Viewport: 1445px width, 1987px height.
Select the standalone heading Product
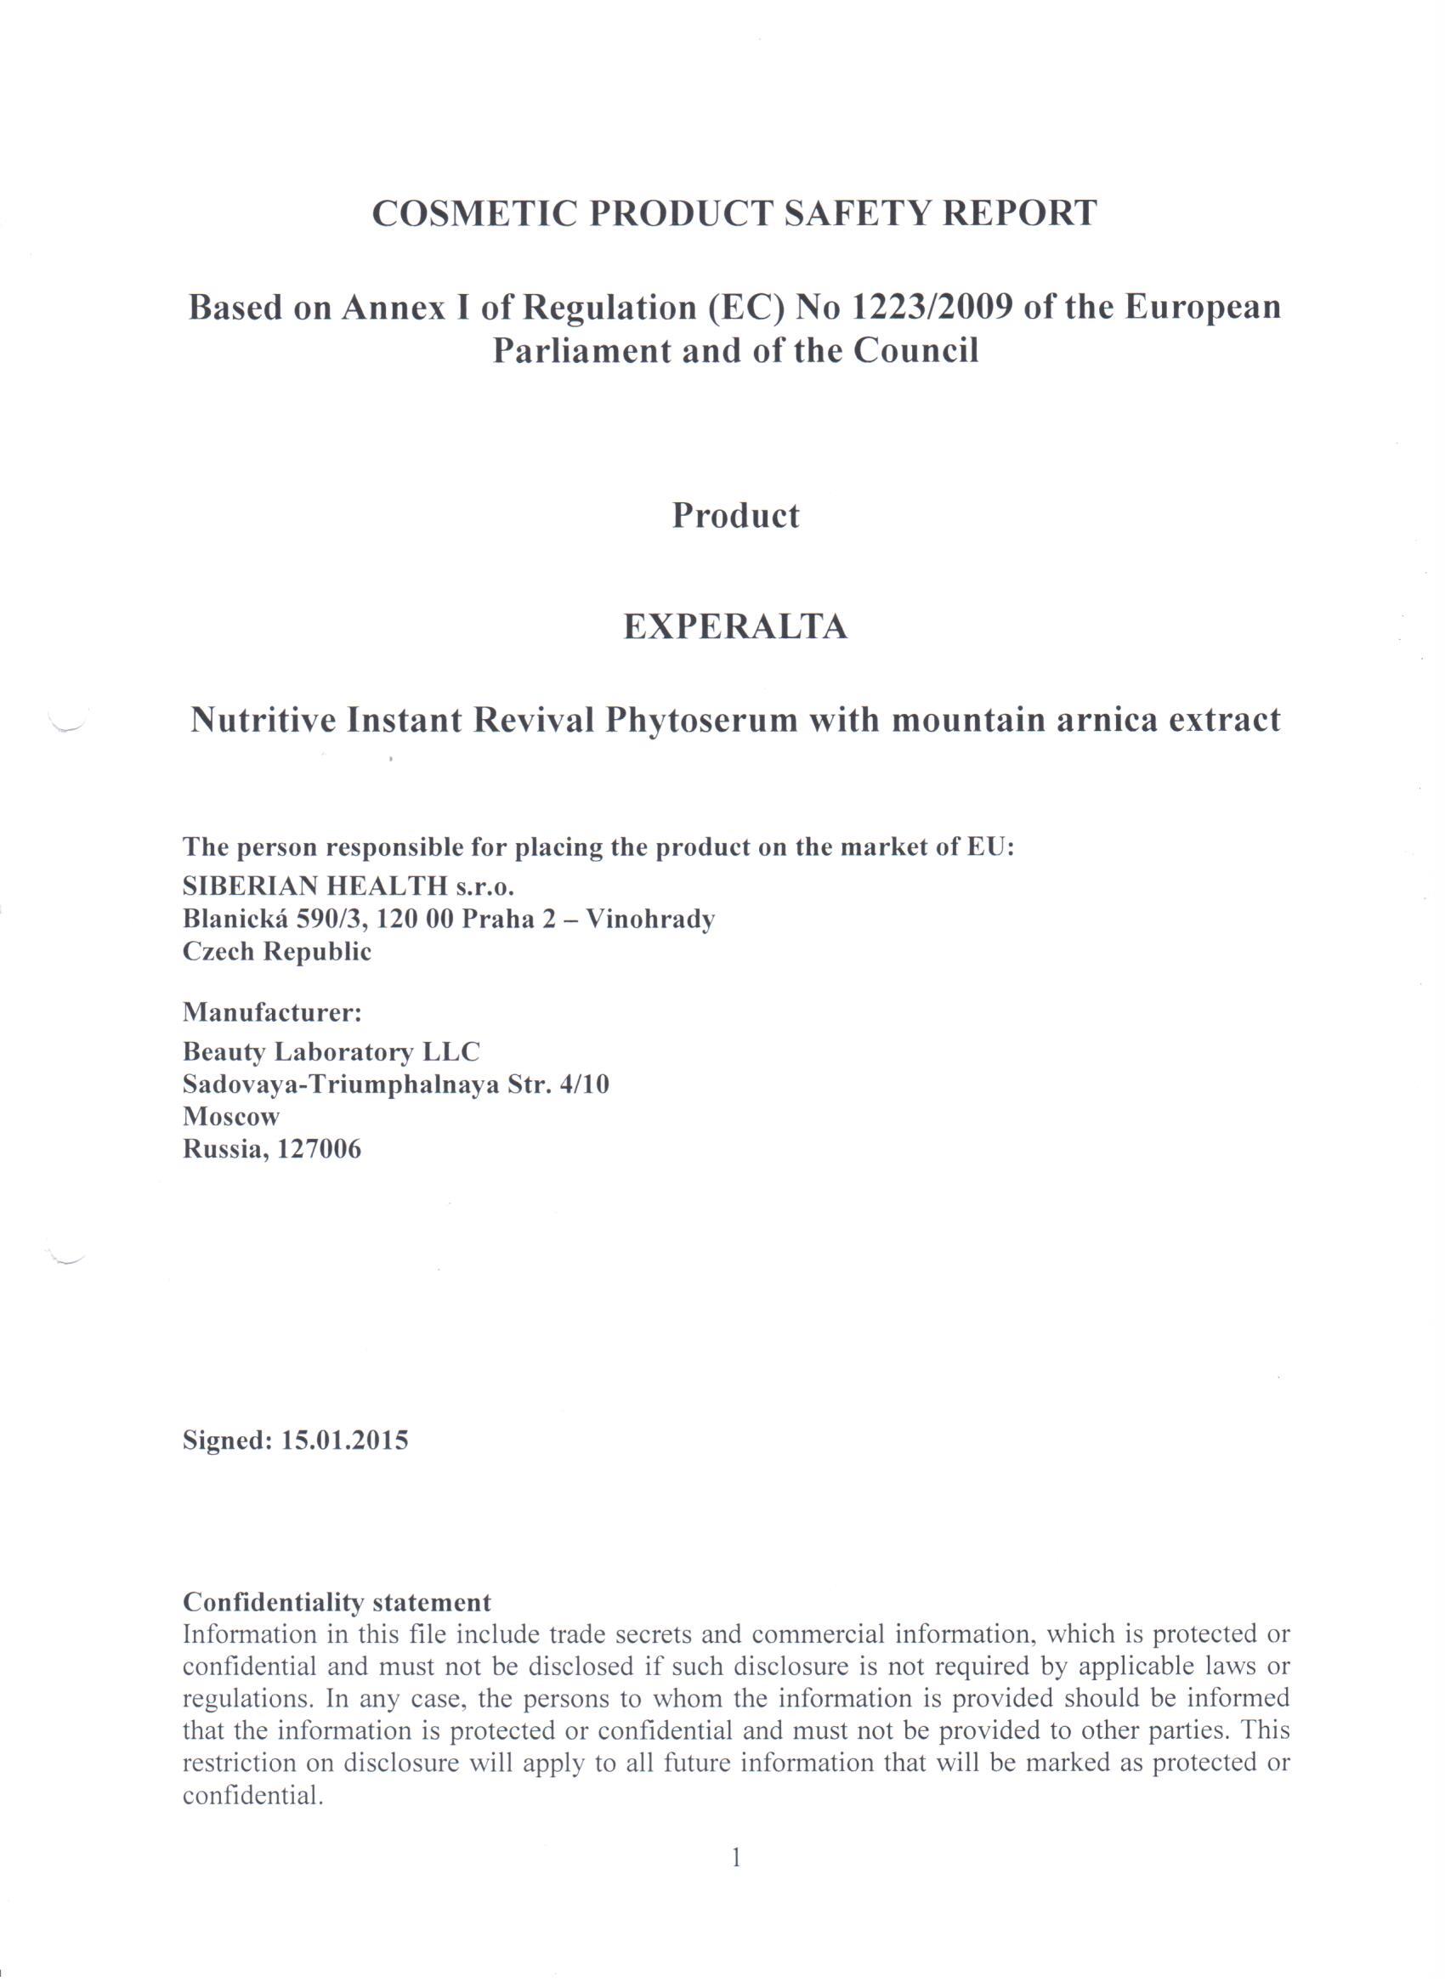click(x=735, y=516)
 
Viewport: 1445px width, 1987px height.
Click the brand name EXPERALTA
click(x=735, y=626)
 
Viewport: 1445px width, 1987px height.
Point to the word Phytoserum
click(x=700, y=720)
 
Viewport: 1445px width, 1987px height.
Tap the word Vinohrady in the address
click(x=650, y=919)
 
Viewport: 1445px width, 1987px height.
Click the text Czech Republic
click(x=277, y=952)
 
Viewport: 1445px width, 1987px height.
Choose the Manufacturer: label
click(x=273, y=1013)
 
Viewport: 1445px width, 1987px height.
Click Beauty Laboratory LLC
click(x=331, y=1051)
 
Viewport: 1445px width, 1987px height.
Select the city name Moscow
click(x=231, y=1117)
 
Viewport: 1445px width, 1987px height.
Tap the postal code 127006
click(x=319, y=1149)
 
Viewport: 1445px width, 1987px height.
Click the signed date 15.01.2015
click(x=344, y=1441)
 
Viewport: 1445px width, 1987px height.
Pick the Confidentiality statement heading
click(x=337, y=1602)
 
